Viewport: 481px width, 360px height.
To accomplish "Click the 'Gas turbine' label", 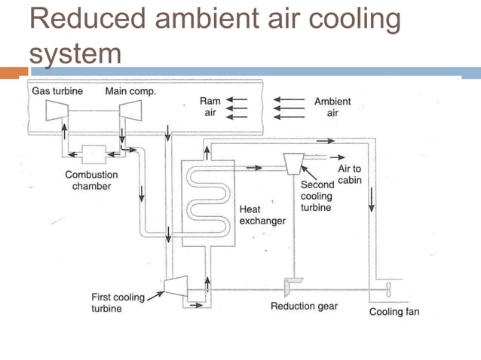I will click(x=57, y=91).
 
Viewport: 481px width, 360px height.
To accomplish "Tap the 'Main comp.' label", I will click(x=130, y=91).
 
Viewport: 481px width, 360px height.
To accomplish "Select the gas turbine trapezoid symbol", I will click(x=57, y=111).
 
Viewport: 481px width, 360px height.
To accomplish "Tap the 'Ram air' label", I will click(x=210, y=106).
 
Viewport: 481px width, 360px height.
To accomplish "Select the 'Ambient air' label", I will click(x=332, y=106).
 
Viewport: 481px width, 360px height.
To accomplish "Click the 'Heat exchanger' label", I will click(x=262, y=215).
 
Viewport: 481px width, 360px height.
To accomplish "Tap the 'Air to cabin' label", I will click(x=348, y=175).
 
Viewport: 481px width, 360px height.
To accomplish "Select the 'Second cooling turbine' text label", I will click(x=317, y=195).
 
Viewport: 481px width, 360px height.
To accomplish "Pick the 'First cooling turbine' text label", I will click(x=118, y=303).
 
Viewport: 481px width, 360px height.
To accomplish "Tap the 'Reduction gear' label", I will click(x=304, y=307).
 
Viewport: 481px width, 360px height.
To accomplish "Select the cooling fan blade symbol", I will click(x=388, y=289).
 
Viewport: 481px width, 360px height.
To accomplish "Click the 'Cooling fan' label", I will click(x=394, y=312).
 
